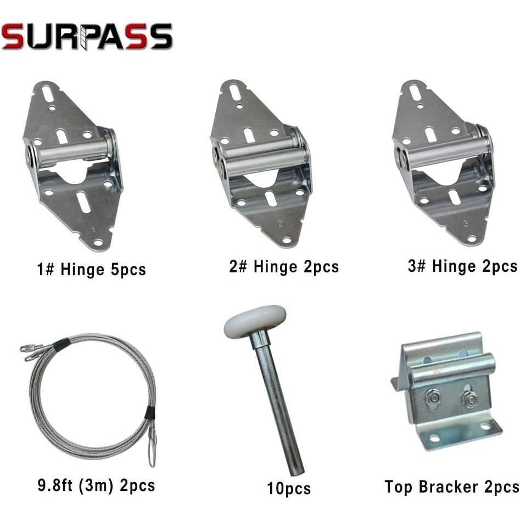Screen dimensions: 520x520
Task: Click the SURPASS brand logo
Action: coord(87,36)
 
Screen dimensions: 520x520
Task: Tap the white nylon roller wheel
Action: coord(255,321)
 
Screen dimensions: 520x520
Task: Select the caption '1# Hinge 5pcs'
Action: coord(92,269)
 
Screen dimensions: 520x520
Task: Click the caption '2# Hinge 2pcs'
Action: coord(284,267)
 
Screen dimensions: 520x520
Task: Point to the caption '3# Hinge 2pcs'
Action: coord(462,266)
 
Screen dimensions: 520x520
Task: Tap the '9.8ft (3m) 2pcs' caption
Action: coord(96,485)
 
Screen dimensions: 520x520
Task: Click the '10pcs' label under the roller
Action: coord(289,489)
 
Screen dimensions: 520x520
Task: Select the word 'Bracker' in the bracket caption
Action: coord(448,487)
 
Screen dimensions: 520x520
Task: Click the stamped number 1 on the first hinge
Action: coord(93,230)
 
